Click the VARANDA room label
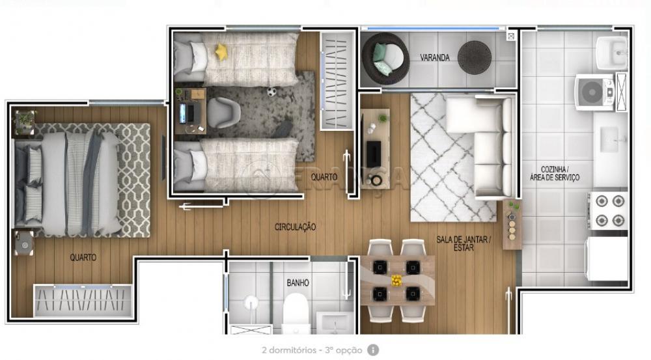(x=435, y=58)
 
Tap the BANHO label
(x=298, y=283)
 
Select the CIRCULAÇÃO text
(x=295, y=227)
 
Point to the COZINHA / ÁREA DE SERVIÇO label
(x=554, y=174)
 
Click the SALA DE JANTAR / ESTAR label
(x=464, y=243)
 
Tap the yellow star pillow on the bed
(x=221, y=52)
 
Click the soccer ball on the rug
(x=271, y=92)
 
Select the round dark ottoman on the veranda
(x=474, y=58)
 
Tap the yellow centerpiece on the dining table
(x=396, y=281)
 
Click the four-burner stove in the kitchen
(x=609, y=210)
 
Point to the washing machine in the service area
(x=594, y=92)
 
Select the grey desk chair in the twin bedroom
(x=223, y=113)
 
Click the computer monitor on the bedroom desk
(x=183, y=113)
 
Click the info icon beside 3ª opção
(x=372, y=350)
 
